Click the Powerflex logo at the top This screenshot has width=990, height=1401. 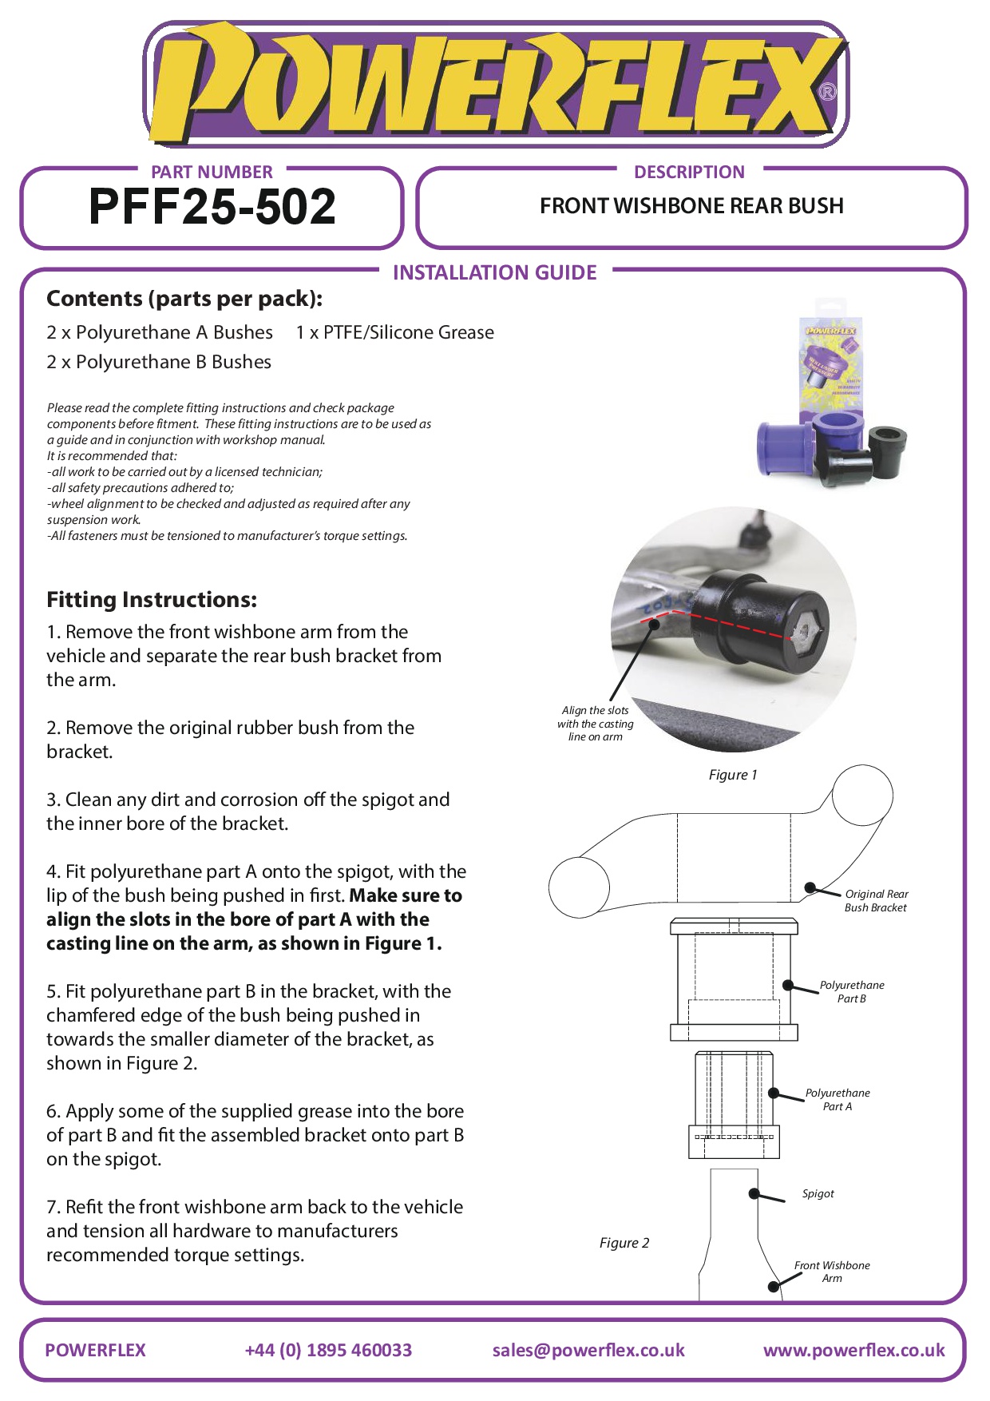pos(495,85)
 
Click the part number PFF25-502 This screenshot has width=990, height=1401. pos(212,207)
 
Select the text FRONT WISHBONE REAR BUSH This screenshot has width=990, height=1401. pos(691,206)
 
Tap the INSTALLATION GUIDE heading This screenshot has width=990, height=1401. pos(495,273)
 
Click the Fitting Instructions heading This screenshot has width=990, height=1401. pos(152,600)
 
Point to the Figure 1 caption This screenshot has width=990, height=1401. pos(733,775)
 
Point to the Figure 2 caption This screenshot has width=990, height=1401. pos(624,1243)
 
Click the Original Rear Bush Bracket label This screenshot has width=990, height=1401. pos(876,901)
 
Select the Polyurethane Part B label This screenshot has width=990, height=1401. pos(852,992)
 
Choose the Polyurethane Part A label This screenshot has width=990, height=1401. pos(838,1100)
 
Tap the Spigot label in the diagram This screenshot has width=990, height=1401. pos(818,1194)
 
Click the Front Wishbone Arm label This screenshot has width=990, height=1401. pos(832,1272)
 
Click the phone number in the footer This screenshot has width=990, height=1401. pos(328,1351)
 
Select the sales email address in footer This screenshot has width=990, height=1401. pos(588,1351)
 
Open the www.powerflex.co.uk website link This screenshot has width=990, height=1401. pos(853,1351)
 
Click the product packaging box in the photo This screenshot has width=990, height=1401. pos(832,359)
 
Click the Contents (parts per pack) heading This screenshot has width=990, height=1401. pos(184,299)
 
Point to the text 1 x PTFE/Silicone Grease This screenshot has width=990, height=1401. pos(394,332)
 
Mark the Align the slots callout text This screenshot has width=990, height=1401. pos(596,724)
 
